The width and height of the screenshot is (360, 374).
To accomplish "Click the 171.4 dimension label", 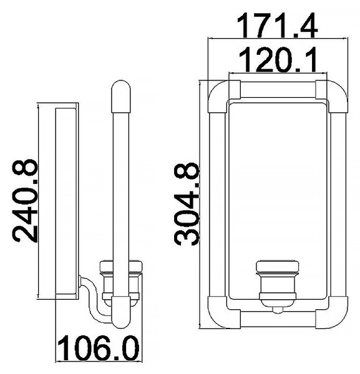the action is pyautogui.click(x=277, y=26).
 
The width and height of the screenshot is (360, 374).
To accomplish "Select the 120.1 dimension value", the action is pyautogui.click(x=278, y=60).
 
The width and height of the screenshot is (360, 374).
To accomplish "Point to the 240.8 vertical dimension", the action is pyautogui.click(x=25, y=201).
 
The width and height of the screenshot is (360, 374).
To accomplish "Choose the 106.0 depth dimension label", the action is pyautogui.click(x=99, y=348).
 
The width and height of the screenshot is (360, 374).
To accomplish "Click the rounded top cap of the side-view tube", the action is pyautogui.click(x=121, y=97).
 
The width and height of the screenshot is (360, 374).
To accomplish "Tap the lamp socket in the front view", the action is pyautogui.click(x=278, y=283).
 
